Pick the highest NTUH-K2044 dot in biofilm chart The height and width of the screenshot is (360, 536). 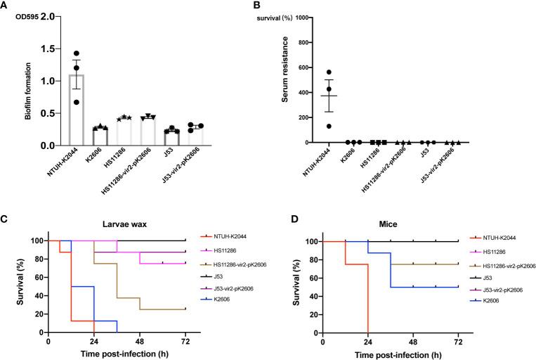tap(77, 53)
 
